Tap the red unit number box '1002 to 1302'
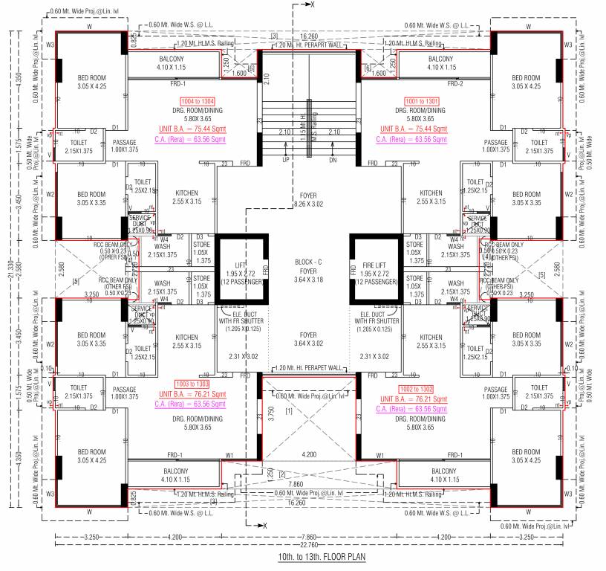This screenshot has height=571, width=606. click(x=417, y=388)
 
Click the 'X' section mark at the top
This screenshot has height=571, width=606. click(x=313, y=5)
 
